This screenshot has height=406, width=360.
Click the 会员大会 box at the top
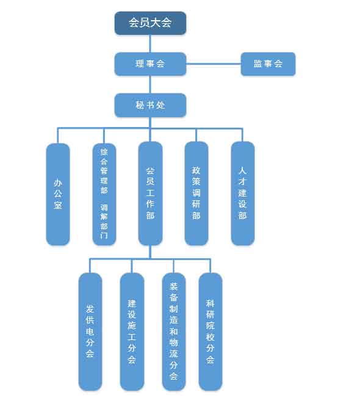[x=150, y=23]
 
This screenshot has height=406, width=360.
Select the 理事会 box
[x=150, y=64]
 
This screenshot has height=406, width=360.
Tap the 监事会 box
[x=268, y=64]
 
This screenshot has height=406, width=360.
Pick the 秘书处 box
[x=150, y=105]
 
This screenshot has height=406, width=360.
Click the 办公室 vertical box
[x=58, y=194]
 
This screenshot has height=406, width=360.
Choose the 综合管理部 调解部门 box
[x=104, y=194]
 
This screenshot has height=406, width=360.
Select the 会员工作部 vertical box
[x=150, y=194]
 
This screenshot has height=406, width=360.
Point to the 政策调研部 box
[x=196, y=194]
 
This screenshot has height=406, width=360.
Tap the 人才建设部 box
[x=243, y=194]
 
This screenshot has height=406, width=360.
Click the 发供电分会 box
[x=90, y=332]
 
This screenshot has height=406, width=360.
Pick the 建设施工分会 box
[x=132, y=332]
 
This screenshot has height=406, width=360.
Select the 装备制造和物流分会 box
[x=174, y=332]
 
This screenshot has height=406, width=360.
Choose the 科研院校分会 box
[x=211, y=332]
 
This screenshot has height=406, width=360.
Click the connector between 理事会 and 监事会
[x=214, y=63]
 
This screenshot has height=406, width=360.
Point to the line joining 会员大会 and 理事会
[x=150, y=43]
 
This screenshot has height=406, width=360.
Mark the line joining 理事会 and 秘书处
[x=150, y=85]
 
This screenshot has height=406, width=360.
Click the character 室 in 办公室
[x=58, y=205]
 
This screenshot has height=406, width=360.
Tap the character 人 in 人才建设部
[x=242, y=171]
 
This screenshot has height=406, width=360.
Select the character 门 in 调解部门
[x=104, y=236]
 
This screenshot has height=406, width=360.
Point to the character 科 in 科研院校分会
[x=210, y=303]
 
